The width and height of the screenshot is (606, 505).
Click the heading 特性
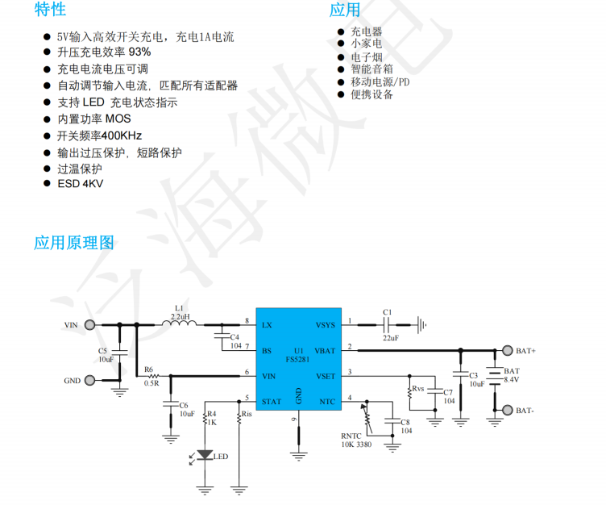tap(50, 10)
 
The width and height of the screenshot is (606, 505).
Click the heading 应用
tap(345, 10)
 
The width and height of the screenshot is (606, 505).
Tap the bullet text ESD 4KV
tap(80, 184)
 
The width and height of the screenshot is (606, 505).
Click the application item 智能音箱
tap(371, 69)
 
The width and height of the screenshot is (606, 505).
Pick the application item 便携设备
tap(371, 94)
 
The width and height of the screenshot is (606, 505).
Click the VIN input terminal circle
tap(89, 325)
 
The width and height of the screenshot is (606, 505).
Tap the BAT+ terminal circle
tap(508, 351)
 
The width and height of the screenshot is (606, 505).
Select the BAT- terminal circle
tap(508, 410)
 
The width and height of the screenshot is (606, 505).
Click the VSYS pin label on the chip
tap(326, 325)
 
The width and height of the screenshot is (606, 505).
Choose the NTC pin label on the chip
tap(327, 401)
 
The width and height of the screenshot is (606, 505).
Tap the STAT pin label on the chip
tap(272, 401)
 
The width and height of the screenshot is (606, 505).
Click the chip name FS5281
tap(299, 360)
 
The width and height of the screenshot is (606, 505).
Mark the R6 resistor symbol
tap(151, 376)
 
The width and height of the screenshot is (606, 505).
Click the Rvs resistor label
tap(418, 389)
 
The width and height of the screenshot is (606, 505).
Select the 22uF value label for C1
tap(390, 337)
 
